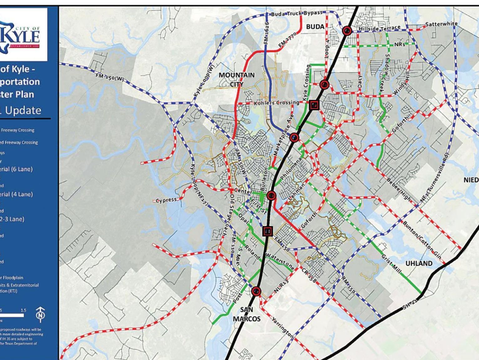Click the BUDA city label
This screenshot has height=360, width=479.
click(315, 27)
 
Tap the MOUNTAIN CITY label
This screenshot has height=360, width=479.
click(237, 79)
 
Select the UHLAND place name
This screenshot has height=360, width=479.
click(419, 263)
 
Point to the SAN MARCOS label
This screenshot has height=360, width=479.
click(246, 314)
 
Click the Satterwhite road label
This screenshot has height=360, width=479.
click(441, 24)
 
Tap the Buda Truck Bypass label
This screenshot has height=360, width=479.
click(296, 13)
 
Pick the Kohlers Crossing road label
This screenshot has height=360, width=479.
click(276, 103)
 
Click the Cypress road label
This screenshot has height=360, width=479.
click(166, 200)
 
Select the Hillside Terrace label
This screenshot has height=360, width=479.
click(379, 28)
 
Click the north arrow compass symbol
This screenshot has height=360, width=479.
click(40, 314)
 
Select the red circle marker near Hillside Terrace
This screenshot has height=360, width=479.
click(347, 31)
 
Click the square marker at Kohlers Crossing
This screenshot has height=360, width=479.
click(314, 105)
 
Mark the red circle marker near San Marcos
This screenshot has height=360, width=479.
click(256, 292)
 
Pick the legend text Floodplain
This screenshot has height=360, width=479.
click(13, 277)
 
